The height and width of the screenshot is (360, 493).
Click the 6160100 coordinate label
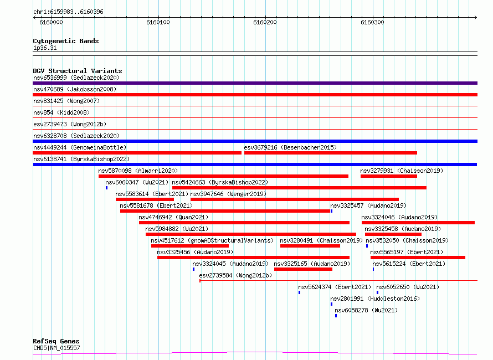point(158,22)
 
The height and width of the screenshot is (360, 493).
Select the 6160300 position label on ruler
point(372,22)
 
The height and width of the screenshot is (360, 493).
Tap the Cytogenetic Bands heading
point(66,41)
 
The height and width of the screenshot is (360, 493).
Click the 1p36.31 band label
point(45,48)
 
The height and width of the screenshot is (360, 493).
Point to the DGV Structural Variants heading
point(78,71)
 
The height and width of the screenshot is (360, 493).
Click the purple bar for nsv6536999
point(255,83)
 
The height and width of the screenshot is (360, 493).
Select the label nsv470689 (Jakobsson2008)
point(75,89)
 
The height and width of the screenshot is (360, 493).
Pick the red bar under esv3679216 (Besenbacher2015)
point(331,153)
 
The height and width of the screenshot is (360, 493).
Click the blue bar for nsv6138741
point(255,164)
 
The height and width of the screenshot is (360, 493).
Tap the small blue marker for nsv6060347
point(106,188)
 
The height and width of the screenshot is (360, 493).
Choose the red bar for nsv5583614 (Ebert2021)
point(145,199)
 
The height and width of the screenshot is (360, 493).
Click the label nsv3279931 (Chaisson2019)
point(402,171)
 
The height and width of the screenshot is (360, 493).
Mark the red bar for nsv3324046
point(418,223)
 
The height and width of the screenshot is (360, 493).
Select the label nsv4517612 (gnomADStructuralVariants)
point(212,240)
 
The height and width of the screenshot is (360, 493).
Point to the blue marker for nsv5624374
point(299,292)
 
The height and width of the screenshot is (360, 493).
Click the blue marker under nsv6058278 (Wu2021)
point(336,316)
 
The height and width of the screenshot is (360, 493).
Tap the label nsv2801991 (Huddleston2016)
point(375,299)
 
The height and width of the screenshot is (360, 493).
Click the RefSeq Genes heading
point(56,342)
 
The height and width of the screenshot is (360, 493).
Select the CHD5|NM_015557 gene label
point(57,348)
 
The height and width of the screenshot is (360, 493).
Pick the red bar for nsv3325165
point(303,269)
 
